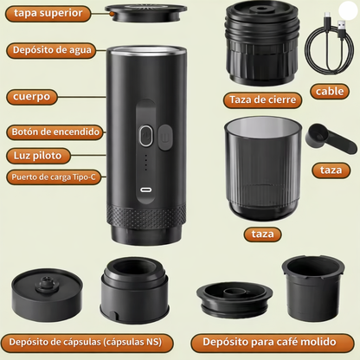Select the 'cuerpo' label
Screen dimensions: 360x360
tap(30, 95)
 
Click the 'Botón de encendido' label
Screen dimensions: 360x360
tap(55, 132)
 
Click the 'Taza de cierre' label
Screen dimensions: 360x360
tap(262, 100)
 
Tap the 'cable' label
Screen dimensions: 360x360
tap(331, 91)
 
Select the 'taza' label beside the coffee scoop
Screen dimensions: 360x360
tap(331, 170)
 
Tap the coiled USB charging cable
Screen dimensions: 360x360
tap(330, 42)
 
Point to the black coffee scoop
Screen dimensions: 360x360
tap(325, 138)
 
